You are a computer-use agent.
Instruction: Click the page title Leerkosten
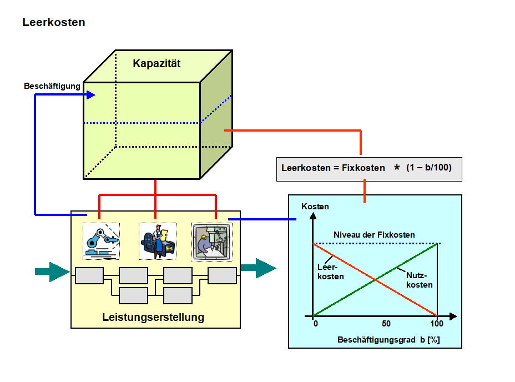(54, 23)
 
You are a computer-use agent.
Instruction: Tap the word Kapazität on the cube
(156, 63)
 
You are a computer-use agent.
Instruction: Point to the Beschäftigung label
(52, 87)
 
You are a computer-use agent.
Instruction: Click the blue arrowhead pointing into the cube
(91, 95)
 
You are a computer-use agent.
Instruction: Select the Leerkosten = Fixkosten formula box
(368, 168)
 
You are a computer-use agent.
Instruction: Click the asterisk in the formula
(396, 168)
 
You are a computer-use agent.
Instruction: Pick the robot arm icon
(101, 241)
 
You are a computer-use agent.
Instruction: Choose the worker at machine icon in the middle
(157, 241)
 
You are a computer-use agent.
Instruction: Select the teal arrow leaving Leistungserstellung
(258, 268)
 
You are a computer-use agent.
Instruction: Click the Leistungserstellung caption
(153, 318)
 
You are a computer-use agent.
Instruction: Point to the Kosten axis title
(315, 207)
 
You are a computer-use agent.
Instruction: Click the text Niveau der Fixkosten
(374, 235)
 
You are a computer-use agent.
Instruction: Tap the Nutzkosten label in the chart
(419, 280)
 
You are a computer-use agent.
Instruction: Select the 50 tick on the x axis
(386, 324)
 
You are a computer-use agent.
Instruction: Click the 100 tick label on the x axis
(437, 324)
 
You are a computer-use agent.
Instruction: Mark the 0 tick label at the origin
(315, 324)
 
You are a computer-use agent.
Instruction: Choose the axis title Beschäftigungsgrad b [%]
(388, 340)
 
